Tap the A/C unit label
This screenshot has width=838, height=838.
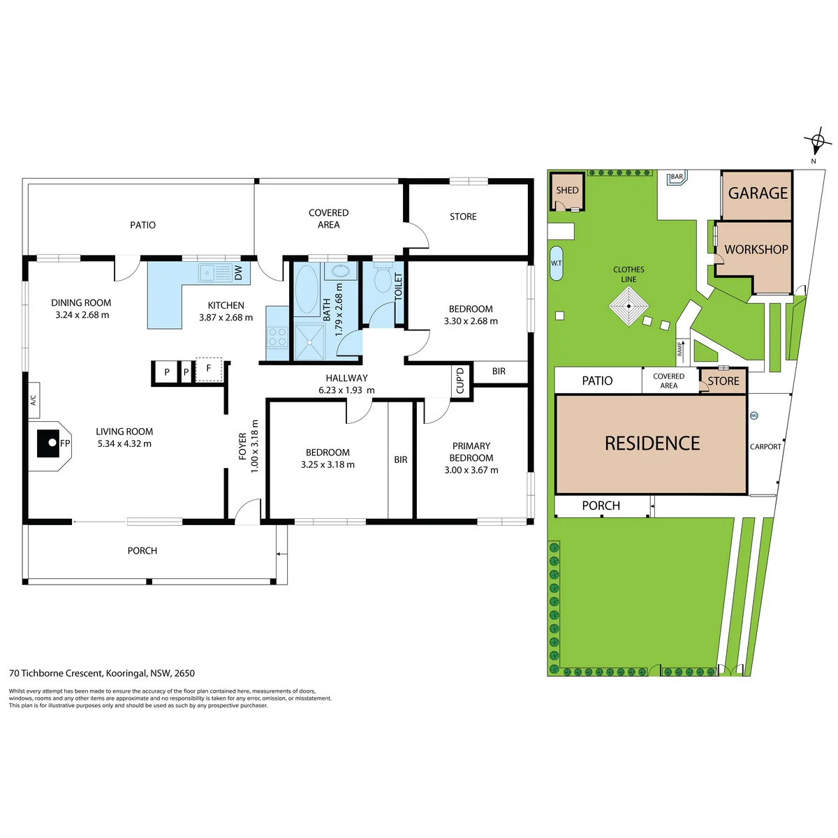click(x=34, y=400)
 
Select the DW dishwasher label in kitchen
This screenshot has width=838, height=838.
click(x=238, y=273)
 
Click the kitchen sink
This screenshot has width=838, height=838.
click(x=216, y=273)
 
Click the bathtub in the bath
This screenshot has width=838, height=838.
click(x=307, y=288)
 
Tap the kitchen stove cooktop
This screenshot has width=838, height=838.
click(x=277, y=337)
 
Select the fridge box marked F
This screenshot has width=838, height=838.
click(x=209, y=369)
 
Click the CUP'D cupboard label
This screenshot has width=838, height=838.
click(x=460, y=380)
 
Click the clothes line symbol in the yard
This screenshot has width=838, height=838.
click(x=628, y=306)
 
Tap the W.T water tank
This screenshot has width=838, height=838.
click(x=556, y=263)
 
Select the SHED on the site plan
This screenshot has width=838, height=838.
click(x=567, y=191)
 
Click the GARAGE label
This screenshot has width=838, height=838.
click(x=758, y=193)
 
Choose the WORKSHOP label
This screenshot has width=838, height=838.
click(x=756, y=249)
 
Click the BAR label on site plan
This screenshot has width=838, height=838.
click(x=677, y=177)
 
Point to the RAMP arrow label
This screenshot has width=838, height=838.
click(x=682, y=348)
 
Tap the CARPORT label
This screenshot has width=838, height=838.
click(x=765, y=447)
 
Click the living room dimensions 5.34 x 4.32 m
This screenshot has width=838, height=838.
click(x=124, y=443)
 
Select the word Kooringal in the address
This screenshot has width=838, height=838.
click(x=126, y=673)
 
